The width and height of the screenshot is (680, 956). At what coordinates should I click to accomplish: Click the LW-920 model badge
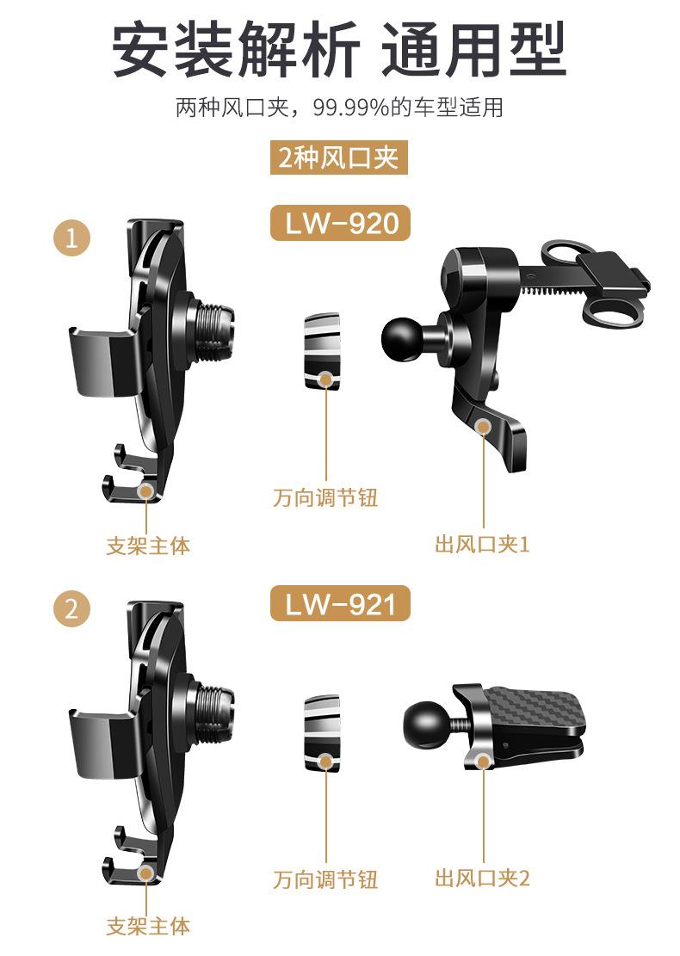(x=340, y=223)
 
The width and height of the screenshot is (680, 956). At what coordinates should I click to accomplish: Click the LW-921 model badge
(x=340, y=604)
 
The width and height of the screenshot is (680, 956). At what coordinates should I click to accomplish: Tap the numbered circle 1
(x=71, y=238)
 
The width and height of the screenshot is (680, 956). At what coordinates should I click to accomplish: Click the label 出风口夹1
(x=482, y=544)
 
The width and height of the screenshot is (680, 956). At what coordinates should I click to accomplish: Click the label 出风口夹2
(x=482, y=878)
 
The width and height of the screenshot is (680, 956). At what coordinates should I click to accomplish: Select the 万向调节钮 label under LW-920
(x=325, y=498)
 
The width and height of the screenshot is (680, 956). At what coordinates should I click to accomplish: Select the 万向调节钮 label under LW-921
(x=325, y=879)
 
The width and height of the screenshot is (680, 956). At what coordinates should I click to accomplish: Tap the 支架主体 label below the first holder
(x=147, y=545)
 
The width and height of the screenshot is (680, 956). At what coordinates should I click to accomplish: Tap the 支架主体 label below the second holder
(x=147, y=926)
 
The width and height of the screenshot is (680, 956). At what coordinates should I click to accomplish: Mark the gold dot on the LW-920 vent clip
(x=484, y=426)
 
